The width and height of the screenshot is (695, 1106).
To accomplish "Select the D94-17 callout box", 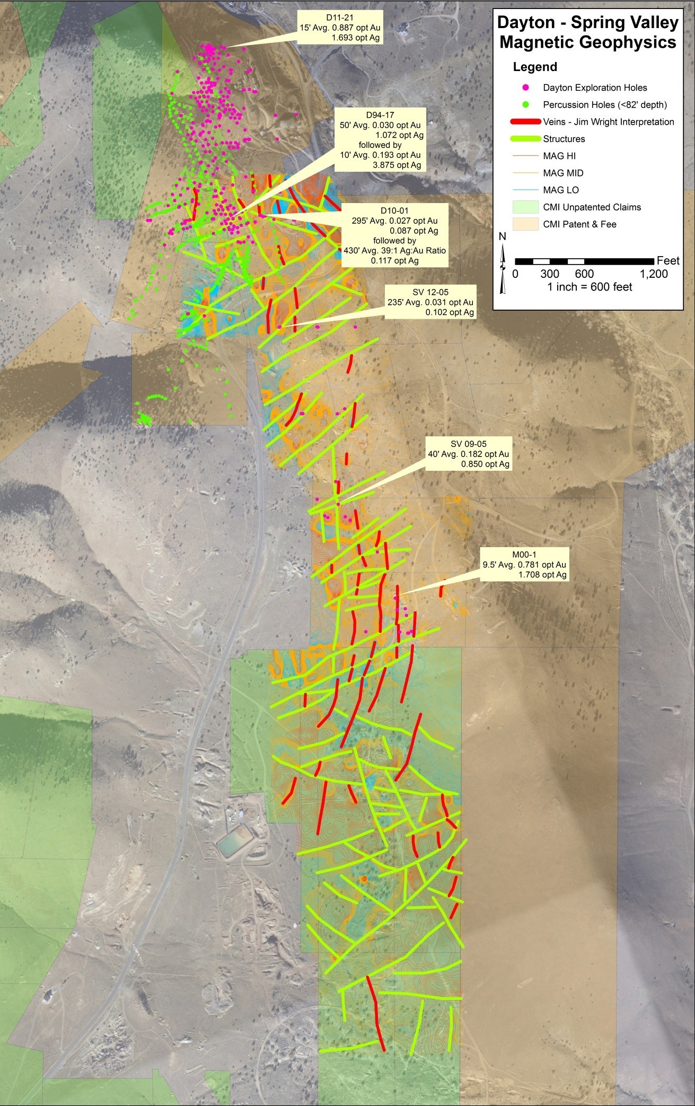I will [x=380, y=140].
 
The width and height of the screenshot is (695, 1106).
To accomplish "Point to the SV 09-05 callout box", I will [x=469, y=454].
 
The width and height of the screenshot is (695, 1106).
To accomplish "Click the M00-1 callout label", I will [x=524, y=564].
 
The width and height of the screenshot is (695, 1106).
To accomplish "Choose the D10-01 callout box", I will [x=394, y=235].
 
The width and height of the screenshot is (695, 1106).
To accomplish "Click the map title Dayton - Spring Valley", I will [x=587, y=32].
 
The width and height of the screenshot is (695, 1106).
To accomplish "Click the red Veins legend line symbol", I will [x=526, y=122].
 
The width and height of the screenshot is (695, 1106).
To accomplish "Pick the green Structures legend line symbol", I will [x=526, y=139].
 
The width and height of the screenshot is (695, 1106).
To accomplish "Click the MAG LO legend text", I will [x=561, y=190].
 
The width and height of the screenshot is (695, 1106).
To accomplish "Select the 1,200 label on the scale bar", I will [x=653, y=274].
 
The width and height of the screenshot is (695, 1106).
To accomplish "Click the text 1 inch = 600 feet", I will [x=590, y=287].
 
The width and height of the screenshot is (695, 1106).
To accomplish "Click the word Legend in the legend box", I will [x=534, y=67].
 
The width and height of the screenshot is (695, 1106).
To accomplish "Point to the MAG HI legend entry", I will [x=559, y=156].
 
